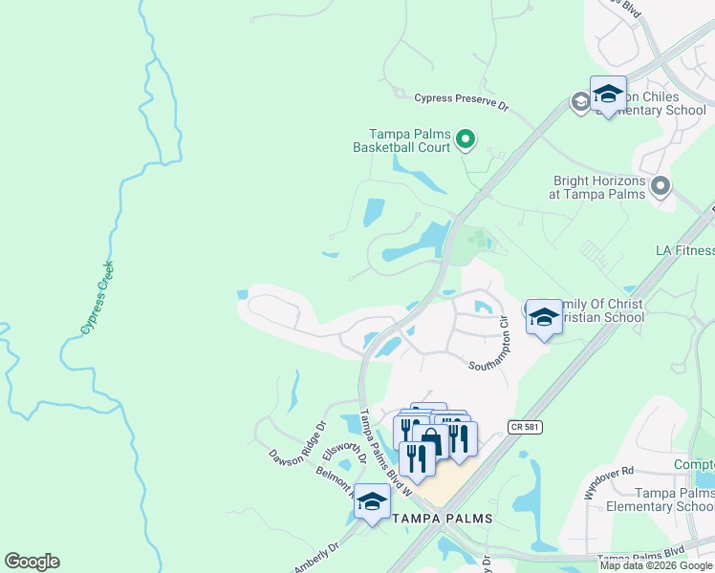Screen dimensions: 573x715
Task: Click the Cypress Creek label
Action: pyautogui.click(x=97, y=297)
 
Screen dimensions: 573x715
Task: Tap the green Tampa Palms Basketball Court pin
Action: pyautogui.click(x=466, y=140)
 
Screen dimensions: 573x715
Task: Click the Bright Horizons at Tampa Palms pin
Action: pyautogui.click(x=661, y=185)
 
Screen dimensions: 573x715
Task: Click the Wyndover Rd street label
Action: pyautogui.click(x=609, y=483)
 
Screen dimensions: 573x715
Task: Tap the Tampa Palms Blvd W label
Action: pyautogui.click(x=385, y=454)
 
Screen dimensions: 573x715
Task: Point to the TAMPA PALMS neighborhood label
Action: pyautogui.click(x=443, y=519)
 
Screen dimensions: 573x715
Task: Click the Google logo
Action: pyautogui.click(x=32, y=562)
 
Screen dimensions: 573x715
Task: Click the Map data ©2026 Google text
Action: pyautogui.click(x=656, y=565)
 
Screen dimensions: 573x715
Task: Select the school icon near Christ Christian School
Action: pyautogui.click(x=544, y=316)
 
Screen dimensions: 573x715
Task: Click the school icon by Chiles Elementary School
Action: pyautogui.click(x=608, y=94)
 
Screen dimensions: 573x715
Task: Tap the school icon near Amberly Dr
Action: pyautogui.click(x=372, y=500)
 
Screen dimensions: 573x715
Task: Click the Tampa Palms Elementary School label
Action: pyautogui.click(x=661, y=499)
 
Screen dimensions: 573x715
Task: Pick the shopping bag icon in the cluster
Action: pyautogui.click(x=431, y=440)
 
